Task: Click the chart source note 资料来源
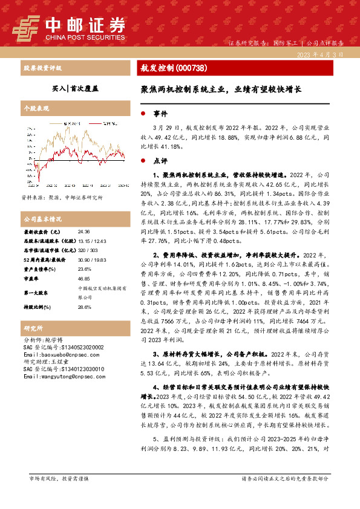pos(62,198)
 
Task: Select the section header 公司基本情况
pos(42,218)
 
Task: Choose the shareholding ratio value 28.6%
pos(85,306)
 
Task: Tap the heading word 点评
pos(160,161)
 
